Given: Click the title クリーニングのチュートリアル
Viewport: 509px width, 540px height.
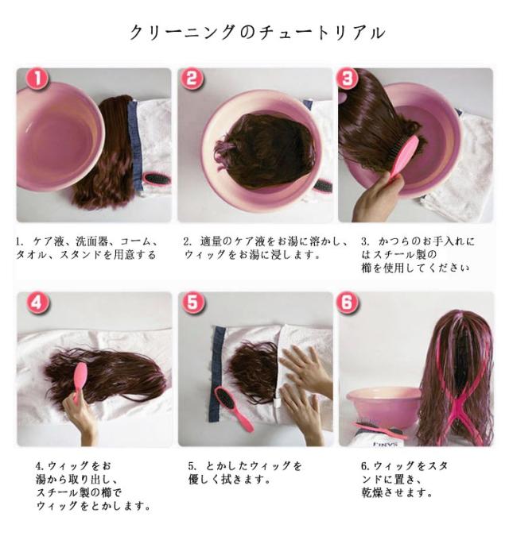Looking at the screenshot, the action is click(x=257, y=33).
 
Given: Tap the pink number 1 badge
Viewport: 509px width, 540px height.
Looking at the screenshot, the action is click(x=37, y=79).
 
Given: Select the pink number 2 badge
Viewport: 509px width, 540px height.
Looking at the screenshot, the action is click(x=192, y=79).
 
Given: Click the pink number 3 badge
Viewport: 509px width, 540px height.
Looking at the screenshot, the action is click(x=347, y=79).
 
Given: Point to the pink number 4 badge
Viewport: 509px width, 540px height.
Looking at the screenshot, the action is click(x=38, y=303).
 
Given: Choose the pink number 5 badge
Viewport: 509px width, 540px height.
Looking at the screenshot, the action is click(x=192, y=303).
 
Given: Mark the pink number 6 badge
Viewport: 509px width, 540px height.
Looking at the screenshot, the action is click(x=347, y=303).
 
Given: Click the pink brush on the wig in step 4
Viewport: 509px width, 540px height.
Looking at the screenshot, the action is click(x=80, y=380).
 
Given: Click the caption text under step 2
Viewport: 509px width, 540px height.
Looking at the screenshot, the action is click(x=266, y=248).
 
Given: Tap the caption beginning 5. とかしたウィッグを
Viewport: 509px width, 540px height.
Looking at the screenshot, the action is click(x=245, y=472).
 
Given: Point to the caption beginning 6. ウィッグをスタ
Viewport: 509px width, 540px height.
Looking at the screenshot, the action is click(x=404, y=479).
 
